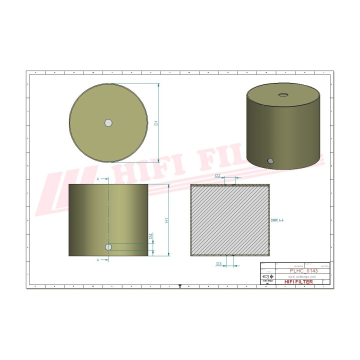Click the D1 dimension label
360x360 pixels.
[x=156, y=123]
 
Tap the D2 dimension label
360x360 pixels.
[x=217, y=175]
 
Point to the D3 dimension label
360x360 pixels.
[x=218, y=263]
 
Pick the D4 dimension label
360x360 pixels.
[x=150, y=236]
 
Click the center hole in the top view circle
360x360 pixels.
[x=108, y=123]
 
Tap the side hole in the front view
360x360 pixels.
[x=108, y=247]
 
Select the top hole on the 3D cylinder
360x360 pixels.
[x=283, y=94]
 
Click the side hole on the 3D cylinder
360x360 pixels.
[x=270, y=161]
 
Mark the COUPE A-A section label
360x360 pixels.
[x=276, y=219]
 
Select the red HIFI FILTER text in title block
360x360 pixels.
[x=298, y=282]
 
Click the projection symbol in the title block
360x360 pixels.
[x=268, y=276]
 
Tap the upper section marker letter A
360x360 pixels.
[x=98, y=178]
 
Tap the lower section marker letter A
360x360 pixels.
[x=98, y=260]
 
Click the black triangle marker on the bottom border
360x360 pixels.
[x=179, y=286]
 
